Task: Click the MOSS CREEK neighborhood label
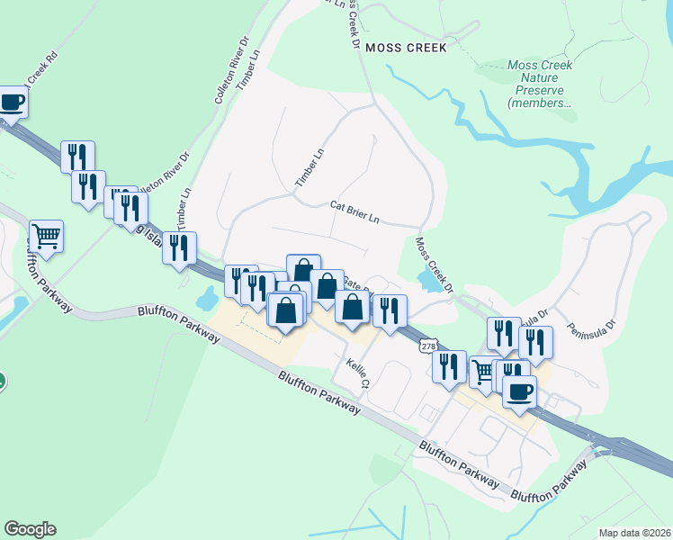[x=405, y=48]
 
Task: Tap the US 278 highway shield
[x=429, y=346]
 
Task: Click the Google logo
[x=29, y=529]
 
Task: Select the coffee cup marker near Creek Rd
[x=12, y=102]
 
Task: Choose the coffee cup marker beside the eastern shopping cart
[x=521, y=392]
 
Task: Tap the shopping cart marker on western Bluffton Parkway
[x=46, y=237]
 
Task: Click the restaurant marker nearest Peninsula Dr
[x=535, y=342]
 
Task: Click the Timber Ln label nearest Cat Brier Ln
[x=309, y=168]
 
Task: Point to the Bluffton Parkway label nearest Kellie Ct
[x=319, y=393]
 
